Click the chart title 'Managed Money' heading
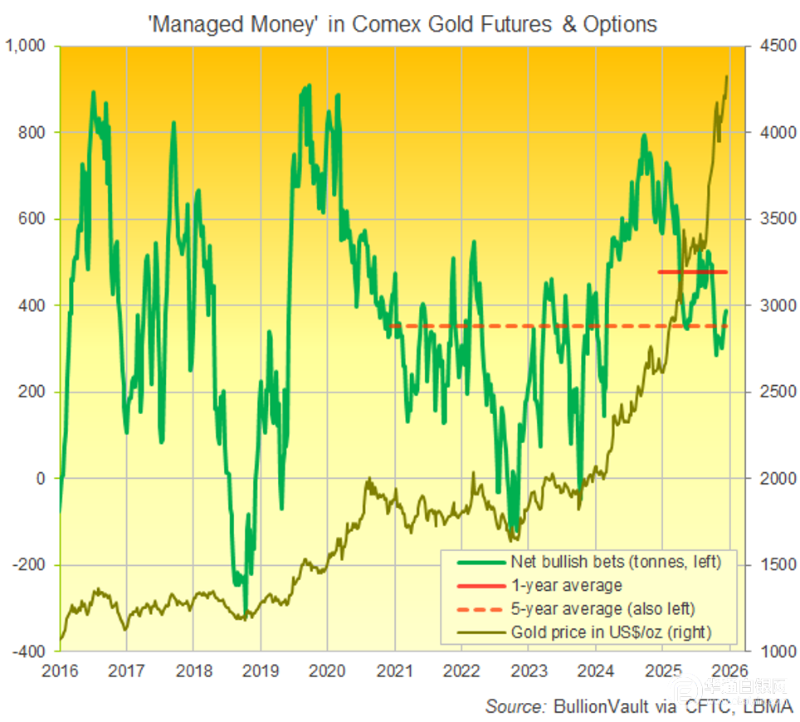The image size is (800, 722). coord(402,24)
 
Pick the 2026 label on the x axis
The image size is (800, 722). coord(728,671)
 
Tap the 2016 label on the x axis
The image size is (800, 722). coord(60,671)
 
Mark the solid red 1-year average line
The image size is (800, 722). coord(692,271)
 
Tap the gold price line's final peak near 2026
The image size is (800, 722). coord(726,77)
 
